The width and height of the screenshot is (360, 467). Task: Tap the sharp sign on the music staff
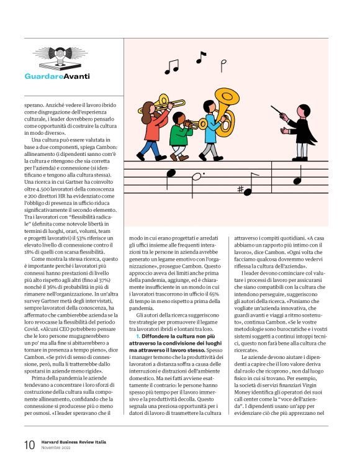click(x=240, y=189)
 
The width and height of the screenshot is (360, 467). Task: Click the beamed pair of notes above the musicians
click(x=171, y=65)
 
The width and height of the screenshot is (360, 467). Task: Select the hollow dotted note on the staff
click(x=196, y=177)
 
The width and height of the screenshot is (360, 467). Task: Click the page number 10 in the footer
click(x=29, y=445)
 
